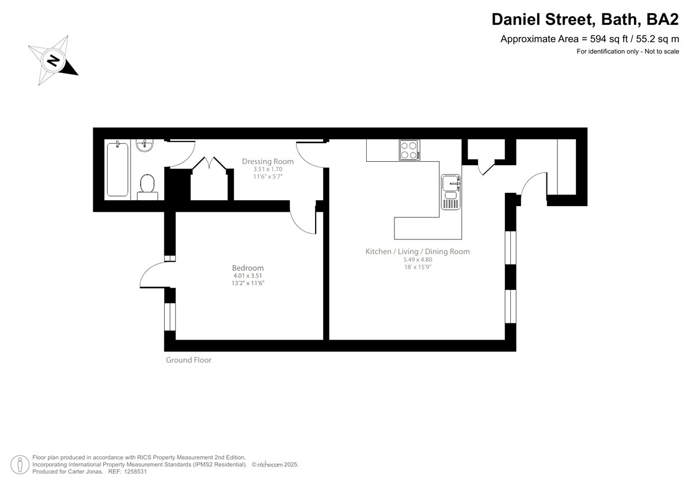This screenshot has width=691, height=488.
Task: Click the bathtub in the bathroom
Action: coord(117,169)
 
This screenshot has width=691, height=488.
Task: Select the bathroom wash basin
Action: coord(145,146)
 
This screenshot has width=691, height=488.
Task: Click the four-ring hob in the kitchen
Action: coord(409,150)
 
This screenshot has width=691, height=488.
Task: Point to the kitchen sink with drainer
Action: coord(451,192)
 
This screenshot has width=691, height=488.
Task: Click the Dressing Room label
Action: coord(267,161)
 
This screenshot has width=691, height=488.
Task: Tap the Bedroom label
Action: coord(248,268)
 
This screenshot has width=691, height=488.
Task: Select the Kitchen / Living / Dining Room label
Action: coord(417,251)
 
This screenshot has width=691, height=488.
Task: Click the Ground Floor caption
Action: coord(188,360)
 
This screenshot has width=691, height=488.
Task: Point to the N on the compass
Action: coord(54,61)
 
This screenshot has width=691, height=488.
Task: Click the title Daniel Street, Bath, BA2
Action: coord(585,19)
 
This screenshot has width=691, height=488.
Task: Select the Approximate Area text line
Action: coord(590,39)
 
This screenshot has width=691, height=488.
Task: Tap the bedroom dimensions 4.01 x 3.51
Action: coord(248,276)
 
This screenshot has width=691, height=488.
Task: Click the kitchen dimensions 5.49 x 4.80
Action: coord(417,260)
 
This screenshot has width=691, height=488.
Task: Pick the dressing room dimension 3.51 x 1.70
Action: coord(268,169)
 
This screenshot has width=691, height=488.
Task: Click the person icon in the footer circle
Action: coord(20,464)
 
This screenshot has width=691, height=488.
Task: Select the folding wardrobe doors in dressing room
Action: coord(210,163)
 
